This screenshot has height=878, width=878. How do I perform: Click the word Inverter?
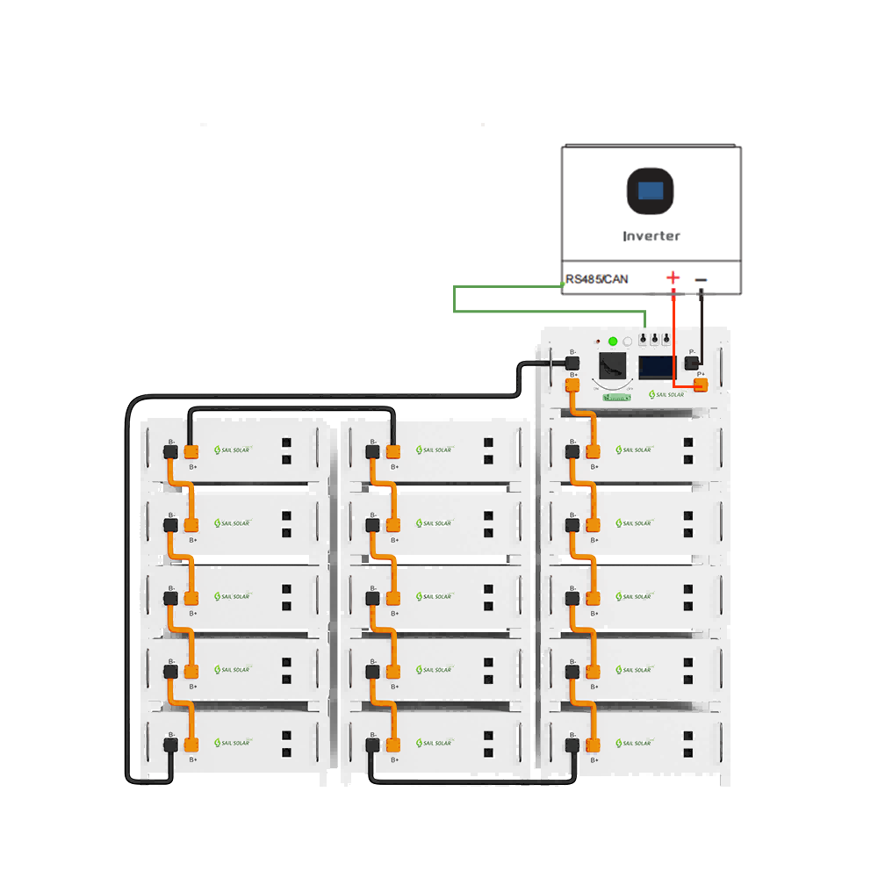651,236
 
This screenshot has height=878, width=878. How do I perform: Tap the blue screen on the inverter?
651,190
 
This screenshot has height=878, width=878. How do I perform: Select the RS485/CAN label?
597,280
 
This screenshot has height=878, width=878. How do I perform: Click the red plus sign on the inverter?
673,278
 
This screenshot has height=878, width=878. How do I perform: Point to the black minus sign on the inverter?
701,280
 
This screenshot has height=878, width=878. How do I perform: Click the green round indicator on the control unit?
613,341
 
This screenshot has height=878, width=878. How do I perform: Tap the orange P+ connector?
700,384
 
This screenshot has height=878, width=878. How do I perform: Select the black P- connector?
692,362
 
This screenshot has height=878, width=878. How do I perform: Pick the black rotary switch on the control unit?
612,365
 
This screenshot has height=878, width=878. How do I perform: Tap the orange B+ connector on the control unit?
573,384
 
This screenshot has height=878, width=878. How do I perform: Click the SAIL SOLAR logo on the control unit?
666,394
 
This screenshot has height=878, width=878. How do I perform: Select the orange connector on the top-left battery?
191,452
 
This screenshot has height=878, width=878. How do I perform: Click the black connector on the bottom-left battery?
170,745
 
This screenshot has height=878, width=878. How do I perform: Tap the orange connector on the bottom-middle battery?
392,745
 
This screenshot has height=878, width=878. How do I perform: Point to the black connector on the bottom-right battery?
573,745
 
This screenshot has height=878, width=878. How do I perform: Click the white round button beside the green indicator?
628,341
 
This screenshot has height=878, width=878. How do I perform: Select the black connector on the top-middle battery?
372,452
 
